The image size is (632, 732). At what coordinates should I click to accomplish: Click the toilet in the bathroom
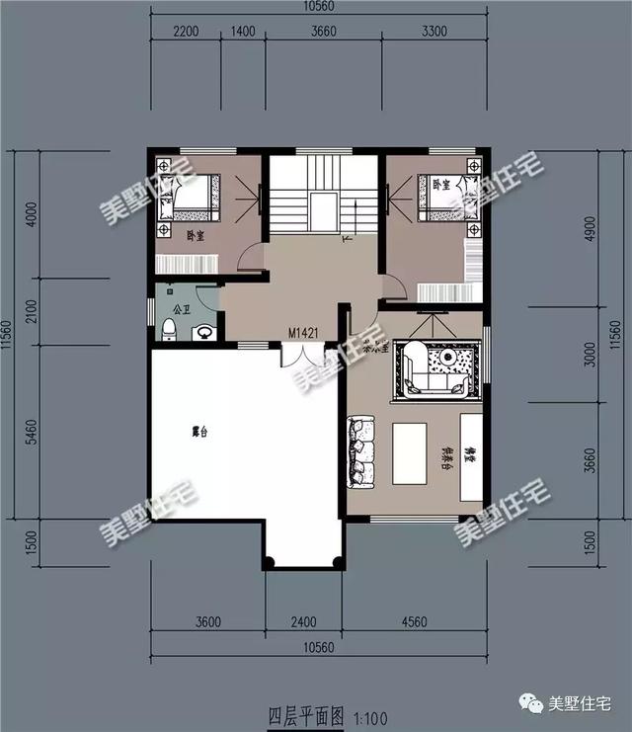click(170, 329)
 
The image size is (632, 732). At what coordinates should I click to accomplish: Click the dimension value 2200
click(187, 31)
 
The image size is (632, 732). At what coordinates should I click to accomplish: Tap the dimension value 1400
click(243, 31)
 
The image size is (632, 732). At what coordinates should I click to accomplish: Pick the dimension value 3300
click(434, 31)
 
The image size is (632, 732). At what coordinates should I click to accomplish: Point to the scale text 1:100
click(369, 713)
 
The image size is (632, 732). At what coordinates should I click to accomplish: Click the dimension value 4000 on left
click(32, 214)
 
